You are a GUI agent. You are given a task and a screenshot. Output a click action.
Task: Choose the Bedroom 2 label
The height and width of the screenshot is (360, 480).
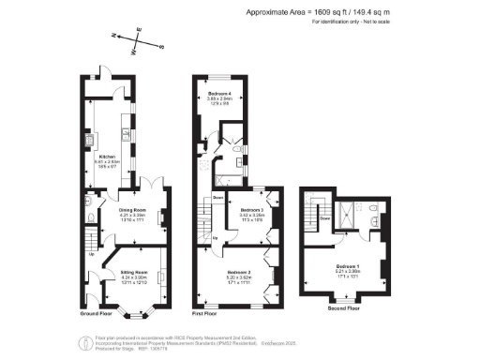[237, 272]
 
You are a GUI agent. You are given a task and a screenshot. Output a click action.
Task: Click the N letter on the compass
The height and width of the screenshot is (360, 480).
[112, 35]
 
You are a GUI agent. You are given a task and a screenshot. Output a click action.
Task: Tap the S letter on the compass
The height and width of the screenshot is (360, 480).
[160, 45]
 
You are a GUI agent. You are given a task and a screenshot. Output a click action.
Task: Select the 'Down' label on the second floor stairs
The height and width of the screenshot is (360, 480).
[323, 219]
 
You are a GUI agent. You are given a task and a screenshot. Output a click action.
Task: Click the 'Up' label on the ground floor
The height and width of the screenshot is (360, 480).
[91, 253]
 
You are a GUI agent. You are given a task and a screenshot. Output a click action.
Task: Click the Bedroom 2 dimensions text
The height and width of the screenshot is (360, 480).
[237, 278]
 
